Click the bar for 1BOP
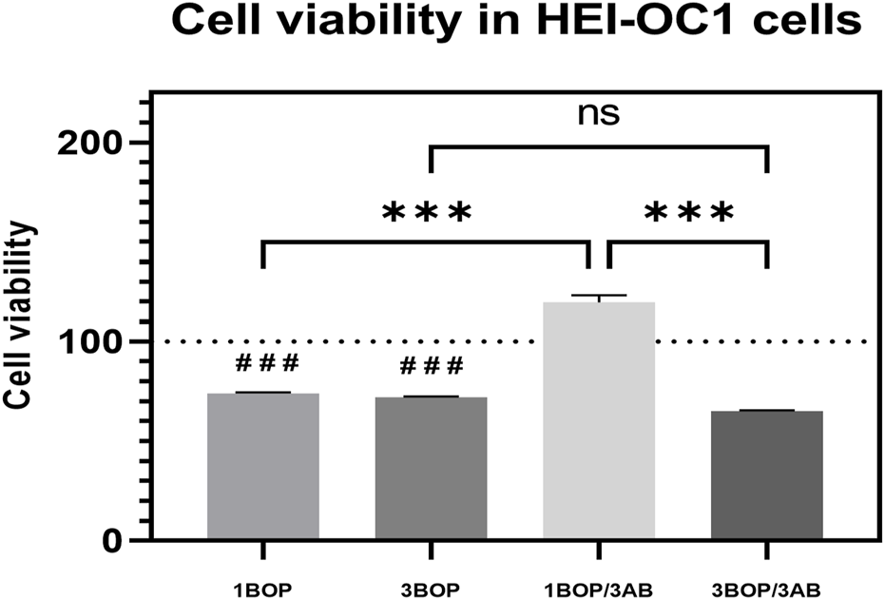[x=263, y=466]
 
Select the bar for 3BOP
[x=431, y=468]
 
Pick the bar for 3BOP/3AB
[x=767, y=474]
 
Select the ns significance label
[x=599, y=112]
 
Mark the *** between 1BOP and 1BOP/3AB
[x=427, y=213]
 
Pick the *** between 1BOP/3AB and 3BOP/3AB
[x=689, y=213]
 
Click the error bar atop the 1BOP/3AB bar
[x=599, y=298]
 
